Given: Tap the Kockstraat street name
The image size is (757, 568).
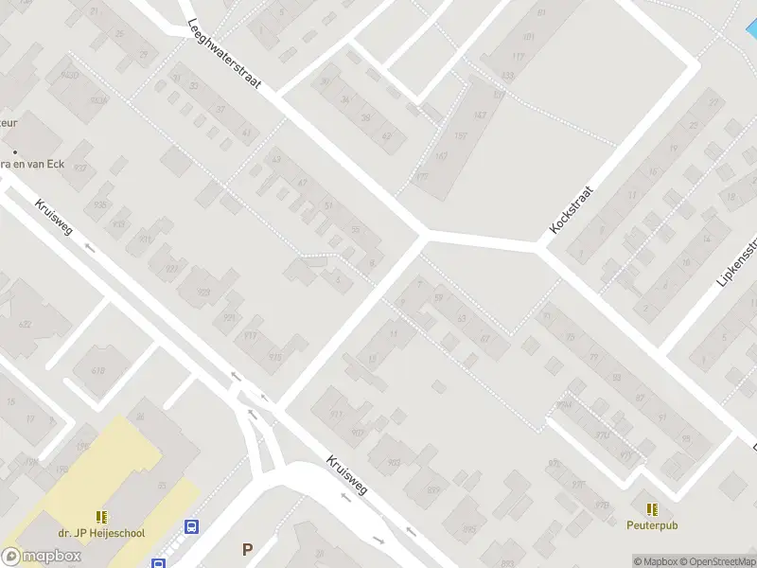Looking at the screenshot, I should click(x=570, y=210).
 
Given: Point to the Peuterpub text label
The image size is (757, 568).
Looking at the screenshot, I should click(x=652, y=524).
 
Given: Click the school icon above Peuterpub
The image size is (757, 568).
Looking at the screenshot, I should click(x=652, y=508).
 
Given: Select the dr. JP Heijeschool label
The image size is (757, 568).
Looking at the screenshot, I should click(x=100, y=533).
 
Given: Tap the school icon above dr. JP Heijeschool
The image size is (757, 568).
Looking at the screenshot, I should click(x=101, y=517).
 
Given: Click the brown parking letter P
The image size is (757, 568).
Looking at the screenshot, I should click(x=248, y=548).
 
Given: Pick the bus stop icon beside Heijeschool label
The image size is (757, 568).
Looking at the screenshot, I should click(x=191, y=527).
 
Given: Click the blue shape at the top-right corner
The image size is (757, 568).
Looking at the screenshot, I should click(x=752, y=28).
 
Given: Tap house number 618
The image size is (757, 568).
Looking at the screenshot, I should click(x=97, y=370).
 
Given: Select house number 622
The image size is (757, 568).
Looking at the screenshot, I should click(x=26, y=324).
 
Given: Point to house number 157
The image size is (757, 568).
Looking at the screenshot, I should click(x=461, y=135).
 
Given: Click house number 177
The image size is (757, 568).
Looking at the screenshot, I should click(x=422, y=177).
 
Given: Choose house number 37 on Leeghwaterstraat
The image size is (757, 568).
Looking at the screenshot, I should click(x=220, y=109).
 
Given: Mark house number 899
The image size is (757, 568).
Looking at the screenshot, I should click(x=433, y=488).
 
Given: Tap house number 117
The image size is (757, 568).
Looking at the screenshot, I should click(x=518, y=57).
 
